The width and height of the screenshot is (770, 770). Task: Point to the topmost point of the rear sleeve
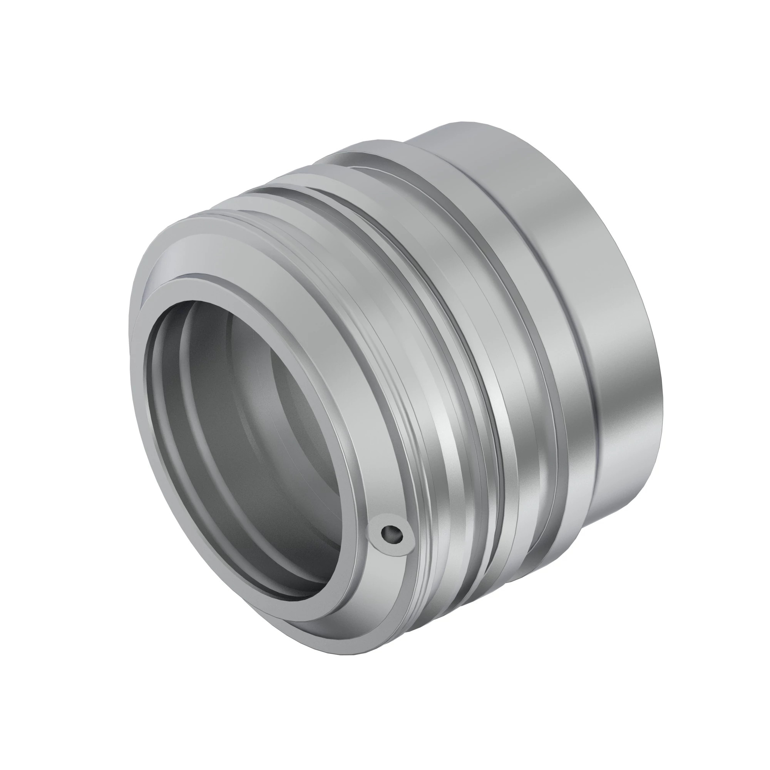[470, 122]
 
